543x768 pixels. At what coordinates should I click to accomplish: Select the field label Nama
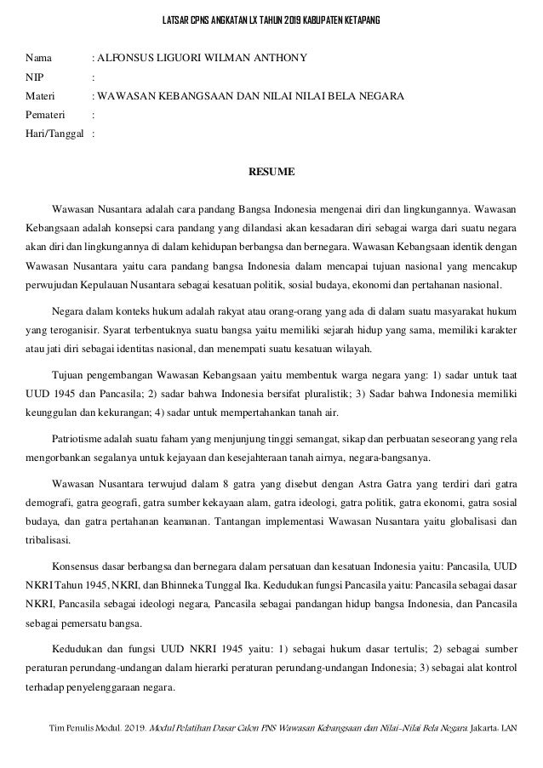[38, 59]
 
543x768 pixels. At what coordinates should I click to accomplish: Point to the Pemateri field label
[45, 115]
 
